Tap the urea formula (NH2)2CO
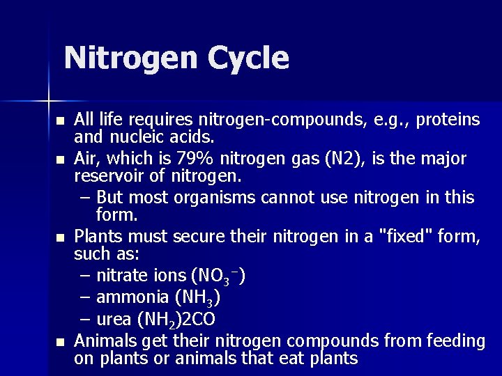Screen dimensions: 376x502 click(x=176, y=319)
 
